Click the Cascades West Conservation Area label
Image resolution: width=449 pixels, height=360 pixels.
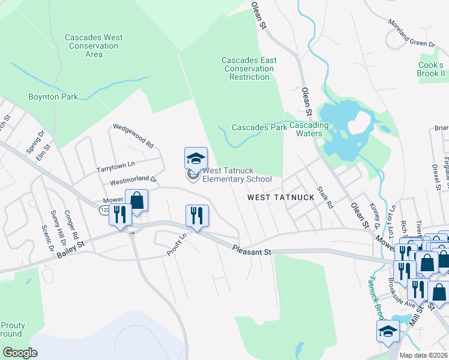click(94, 46)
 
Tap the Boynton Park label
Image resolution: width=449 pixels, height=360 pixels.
click(53, 97)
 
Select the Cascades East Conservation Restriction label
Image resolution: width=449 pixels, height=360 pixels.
click(249, 68)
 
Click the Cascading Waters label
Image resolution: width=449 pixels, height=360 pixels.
click(309, 129)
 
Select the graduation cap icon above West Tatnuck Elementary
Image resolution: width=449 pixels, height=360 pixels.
click(196, 158)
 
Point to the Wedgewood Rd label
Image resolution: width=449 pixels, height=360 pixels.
click(133, 136)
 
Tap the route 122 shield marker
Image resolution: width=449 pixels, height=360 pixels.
click(104, 209)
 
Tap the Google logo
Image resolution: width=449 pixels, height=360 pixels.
click(20, 353)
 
